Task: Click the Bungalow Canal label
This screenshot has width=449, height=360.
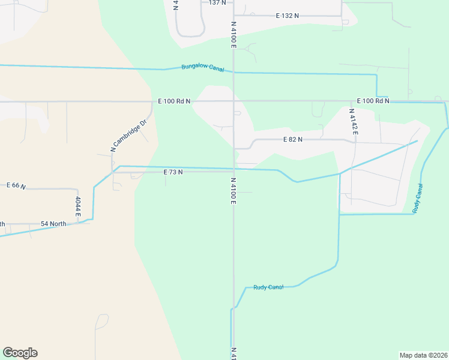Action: pyautogui.click(x=203, y=67)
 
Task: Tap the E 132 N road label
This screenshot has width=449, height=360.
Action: pyautogui.click(x=288, y=16)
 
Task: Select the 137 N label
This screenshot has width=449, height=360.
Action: pyautogui.click(x=217, y=3)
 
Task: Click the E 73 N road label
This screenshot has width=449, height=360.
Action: pyautogui.click(x=173, y=172)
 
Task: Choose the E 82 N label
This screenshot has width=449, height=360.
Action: pyautogui.click(x=292, y=139)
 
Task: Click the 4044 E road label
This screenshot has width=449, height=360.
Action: pyautogui.click(x=78, y=206)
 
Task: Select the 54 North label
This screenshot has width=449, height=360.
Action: pyautogui.click(x=53, y=224)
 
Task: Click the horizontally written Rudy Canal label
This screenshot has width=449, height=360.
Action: pyautogui.click(x=268, y=287)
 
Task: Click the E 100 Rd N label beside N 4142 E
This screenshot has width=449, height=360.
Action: pyautogui.click(x=373, y=101)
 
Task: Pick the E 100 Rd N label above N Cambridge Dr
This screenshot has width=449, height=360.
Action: pyautogui.click(x=174, y=101)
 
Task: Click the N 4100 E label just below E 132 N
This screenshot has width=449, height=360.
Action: pyautogui.click(x=234, y=35)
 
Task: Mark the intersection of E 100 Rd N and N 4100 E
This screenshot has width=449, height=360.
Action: pyautogui.click(x=234, y=101)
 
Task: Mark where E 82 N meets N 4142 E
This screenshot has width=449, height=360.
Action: pyautogui.click(x=354, y=142)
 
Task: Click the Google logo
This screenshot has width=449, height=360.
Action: pyautogui.click(x=20, y=353)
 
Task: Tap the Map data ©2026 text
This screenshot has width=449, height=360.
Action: pyautogui.click(x=424, y=355)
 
